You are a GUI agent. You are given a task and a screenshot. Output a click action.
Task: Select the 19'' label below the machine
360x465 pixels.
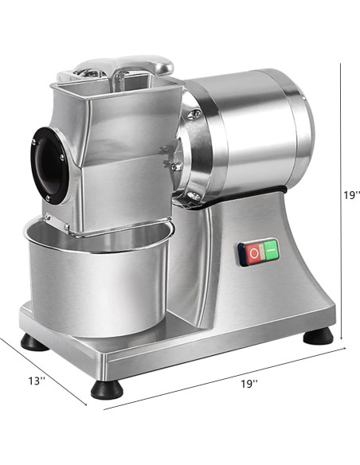coord(248,384)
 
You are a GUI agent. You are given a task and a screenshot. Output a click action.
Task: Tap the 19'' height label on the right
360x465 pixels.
coord(351,194)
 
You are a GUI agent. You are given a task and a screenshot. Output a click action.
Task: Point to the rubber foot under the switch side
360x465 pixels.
coord(318,334)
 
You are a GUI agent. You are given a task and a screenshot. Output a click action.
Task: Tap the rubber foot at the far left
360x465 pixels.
coord(33,343)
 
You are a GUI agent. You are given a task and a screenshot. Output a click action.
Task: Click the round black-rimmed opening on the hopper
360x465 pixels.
coord(49,162)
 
